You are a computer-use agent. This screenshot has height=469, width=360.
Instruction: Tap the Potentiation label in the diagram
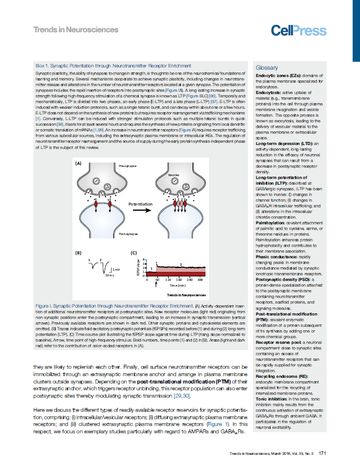point(140,203)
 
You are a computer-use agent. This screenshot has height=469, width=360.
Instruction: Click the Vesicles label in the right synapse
point(174,176)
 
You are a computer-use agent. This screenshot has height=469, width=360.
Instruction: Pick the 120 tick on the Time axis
point(168,280)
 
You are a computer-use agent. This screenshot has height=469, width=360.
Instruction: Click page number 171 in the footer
point(320,453)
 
